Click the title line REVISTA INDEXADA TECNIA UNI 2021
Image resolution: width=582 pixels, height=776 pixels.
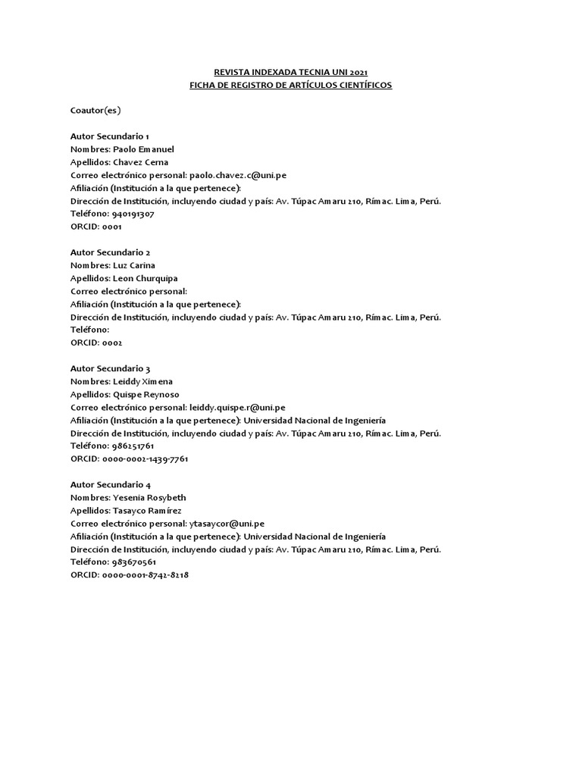[x=290, y=72]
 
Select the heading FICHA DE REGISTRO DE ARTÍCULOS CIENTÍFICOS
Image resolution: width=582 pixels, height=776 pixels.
[x=290, y=85]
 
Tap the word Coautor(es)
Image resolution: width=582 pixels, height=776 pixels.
[x=95, y=111]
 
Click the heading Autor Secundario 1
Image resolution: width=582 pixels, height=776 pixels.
[x=115, y=136]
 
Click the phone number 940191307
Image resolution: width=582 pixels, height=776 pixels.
[x=133, y=214]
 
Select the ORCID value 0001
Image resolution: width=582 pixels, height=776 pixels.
[x=111, y=227]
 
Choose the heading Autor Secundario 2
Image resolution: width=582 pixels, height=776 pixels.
[x=115, y=252]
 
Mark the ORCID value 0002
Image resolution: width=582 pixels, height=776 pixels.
[x=111, y=343]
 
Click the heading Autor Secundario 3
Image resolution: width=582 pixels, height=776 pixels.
[x=115, y=368]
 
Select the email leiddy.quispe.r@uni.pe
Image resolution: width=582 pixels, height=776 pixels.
[x=237, y=407]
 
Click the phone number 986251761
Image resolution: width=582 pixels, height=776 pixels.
[x=133, y=446]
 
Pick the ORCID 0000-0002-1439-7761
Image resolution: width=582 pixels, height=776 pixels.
[x=145, y=458]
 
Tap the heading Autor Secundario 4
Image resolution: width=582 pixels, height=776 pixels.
[x=115, y=484]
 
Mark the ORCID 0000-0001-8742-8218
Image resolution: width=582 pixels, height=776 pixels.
[x=145, y=574]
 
